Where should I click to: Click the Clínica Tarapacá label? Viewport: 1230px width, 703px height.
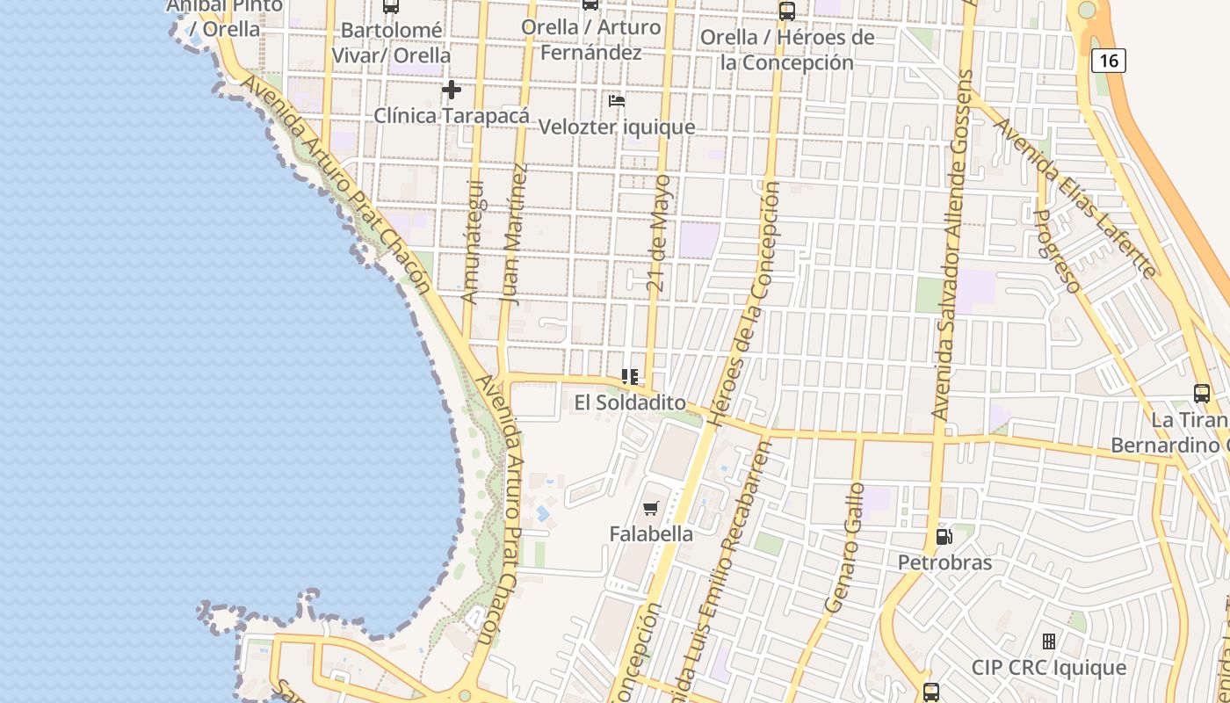pos(452,115)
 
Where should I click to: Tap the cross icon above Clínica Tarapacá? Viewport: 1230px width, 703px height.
pos(452,90)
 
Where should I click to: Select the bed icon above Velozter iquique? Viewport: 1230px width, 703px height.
pos(617,101)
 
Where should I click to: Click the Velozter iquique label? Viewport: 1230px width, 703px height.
pos(617,127)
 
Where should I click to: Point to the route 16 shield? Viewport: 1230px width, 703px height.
pos(1109,61)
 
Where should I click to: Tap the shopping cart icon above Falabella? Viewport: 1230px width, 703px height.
pos(651,508)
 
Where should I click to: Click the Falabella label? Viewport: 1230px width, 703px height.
pos(651,533)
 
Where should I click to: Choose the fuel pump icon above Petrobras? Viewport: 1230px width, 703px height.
pos(944,536)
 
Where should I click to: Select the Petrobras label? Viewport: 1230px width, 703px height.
pos(944,562)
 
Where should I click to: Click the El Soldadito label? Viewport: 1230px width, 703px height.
pos(630,402)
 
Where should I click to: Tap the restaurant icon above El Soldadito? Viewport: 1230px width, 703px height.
pos(630,377)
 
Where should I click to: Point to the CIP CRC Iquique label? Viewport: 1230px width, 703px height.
pos(1048,667)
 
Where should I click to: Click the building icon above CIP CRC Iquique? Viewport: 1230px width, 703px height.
pos(1048,641)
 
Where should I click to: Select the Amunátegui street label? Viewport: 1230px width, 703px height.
pos(473,242)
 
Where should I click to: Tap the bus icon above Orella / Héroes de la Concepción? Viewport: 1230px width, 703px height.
pos(787,11)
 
